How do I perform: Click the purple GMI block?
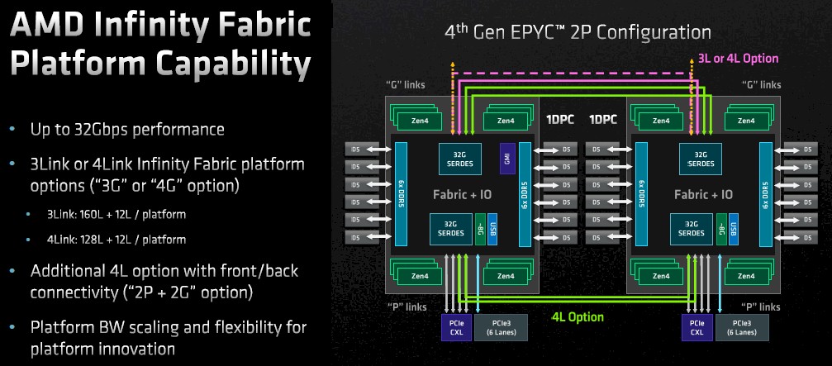[x=506, y=159]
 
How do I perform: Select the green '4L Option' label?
[x=578, y=316]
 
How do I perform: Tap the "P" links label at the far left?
[x=406, y=307]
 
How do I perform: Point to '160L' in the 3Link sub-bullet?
[x=103, y=214]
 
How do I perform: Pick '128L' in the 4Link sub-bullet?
[x=103, y=239]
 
